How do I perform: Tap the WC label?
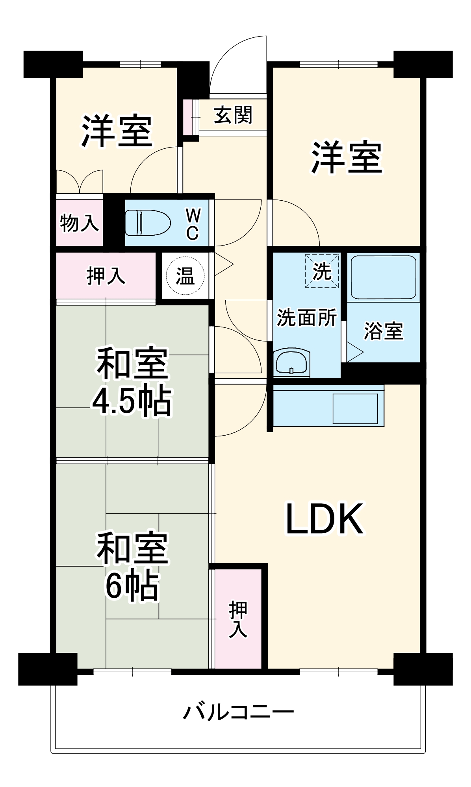pos(193,224)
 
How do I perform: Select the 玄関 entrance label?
pos(233,115)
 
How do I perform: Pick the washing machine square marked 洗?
pos(322,271)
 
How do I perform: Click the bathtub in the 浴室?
pos(383,277)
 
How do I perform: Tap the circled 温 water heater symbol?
pos(185,275)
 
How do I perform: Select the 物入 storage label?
pos(79,223)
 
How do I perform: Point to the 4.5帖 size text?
pos(132,402)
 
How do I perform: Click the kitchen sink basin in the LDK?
pos(355,408)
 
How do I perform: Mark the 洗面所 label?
pos(307,318)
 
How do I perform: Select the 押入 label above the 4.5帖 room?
pos(106,275)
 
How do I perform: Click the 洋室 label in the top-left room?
pos(117,131)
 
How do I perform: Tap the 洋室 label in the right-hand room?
pos(347,157)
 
